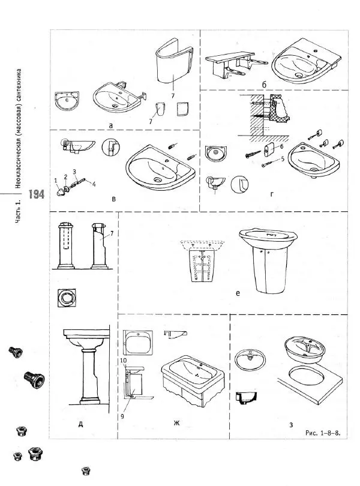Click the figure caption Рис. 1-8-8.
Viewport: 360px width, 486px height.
(x=323, y=433)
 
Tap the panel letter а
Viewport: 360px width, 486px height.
(x=111, y=125)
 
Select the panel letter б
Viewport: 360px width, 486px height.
(x=263, y=85)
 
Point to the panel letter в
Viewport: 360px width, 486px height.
(x=113, y=198)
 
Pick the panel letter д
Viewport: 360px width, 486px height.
(x=80, y=424)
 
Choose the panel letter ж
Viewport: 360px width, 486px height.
(x=176, y=424)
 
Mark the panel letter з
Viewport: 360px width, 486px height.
(x=291, y=426)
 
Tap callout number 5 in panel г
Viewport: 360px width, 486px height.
(x=281, y=159)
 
